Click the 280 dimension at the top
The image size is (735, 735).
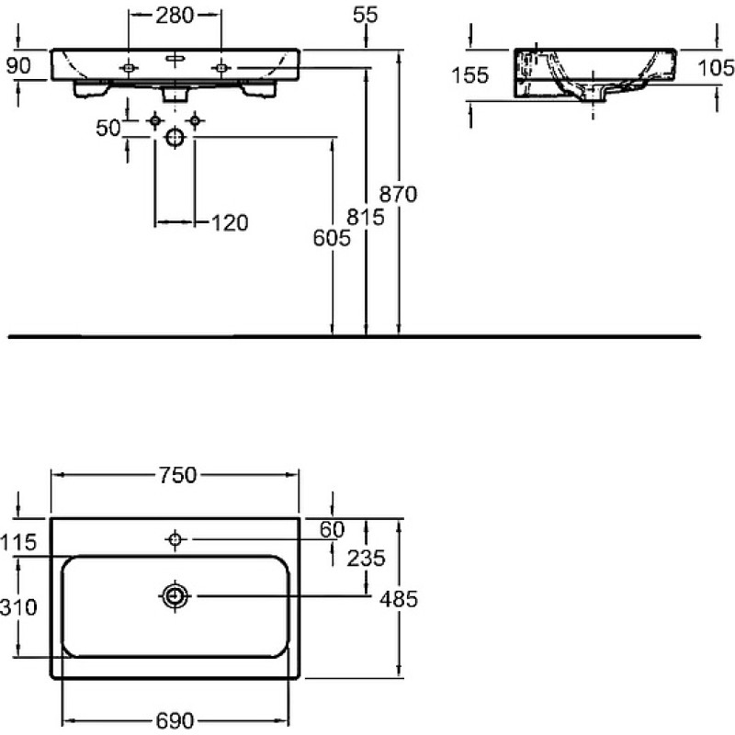click(x=175, y=16)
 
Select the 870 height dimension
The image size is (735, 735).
click(x=398, y=194)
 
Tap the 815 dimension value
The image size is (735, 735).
click(x=366, y=217)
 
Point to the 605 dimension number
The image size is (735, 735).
click(x=332, y=238)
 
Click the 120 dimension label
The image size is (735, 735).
click(x=230, y=223)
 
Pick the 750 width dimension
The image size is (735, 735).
click(x=177, y=475)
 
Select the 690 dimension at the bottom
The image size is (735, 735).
click(x=175, y=720)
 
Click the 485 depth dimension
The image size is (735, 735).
click(x=399, y=599)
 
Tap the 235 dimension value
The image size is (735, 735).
click(x=366, y=558)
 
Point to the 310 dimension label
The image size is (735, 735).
click(x=18, y=607)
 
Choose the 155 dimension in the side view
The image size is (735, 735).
click(x=470, y=75)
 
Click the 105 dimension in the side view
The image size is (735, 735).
click(x=716, y=68)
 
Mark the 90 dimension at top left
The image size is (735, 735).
click(x=18, y=65)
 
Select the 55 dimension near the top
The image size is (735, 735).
click(x=365, y=15)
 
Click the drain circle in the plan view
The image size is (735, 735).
click(x=175, y=596)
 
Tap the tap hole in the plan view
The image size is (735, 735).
click(x=175, y=539)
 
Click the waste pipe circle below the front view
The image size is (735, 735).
click(x=175, y=137)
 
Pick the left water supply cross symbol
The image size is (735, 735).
click(x=154, y=121)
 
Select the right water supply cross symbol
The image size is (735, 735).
click(x=195, y=121)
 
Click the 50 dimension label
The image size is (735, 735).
click(x=108, y=128)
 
